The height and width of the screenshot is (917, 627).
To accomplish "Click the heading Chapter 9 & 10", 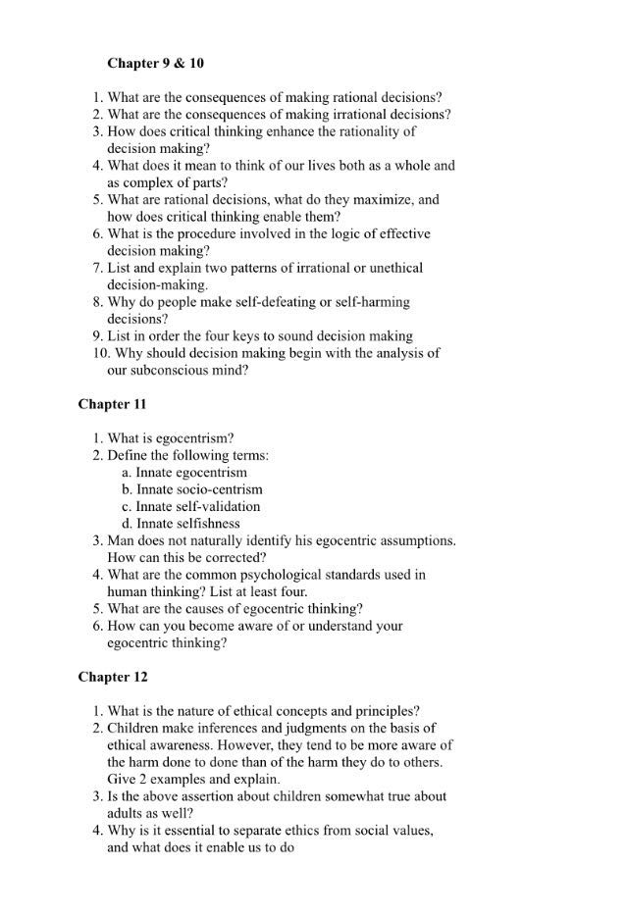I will tap(155, 64).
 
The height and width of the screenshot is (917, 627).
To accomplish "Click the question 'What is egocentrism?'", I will tap(170, 438).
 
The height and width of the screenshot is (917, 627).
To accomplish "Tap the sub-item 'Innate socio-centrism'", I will tap(192, 489).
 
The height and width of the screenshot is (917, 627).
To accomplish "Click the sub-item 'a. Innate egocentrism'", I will tap(184, 473).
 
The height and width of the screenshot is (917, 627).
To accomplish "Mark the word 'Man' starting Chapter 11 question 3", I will tap(121, 540).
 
